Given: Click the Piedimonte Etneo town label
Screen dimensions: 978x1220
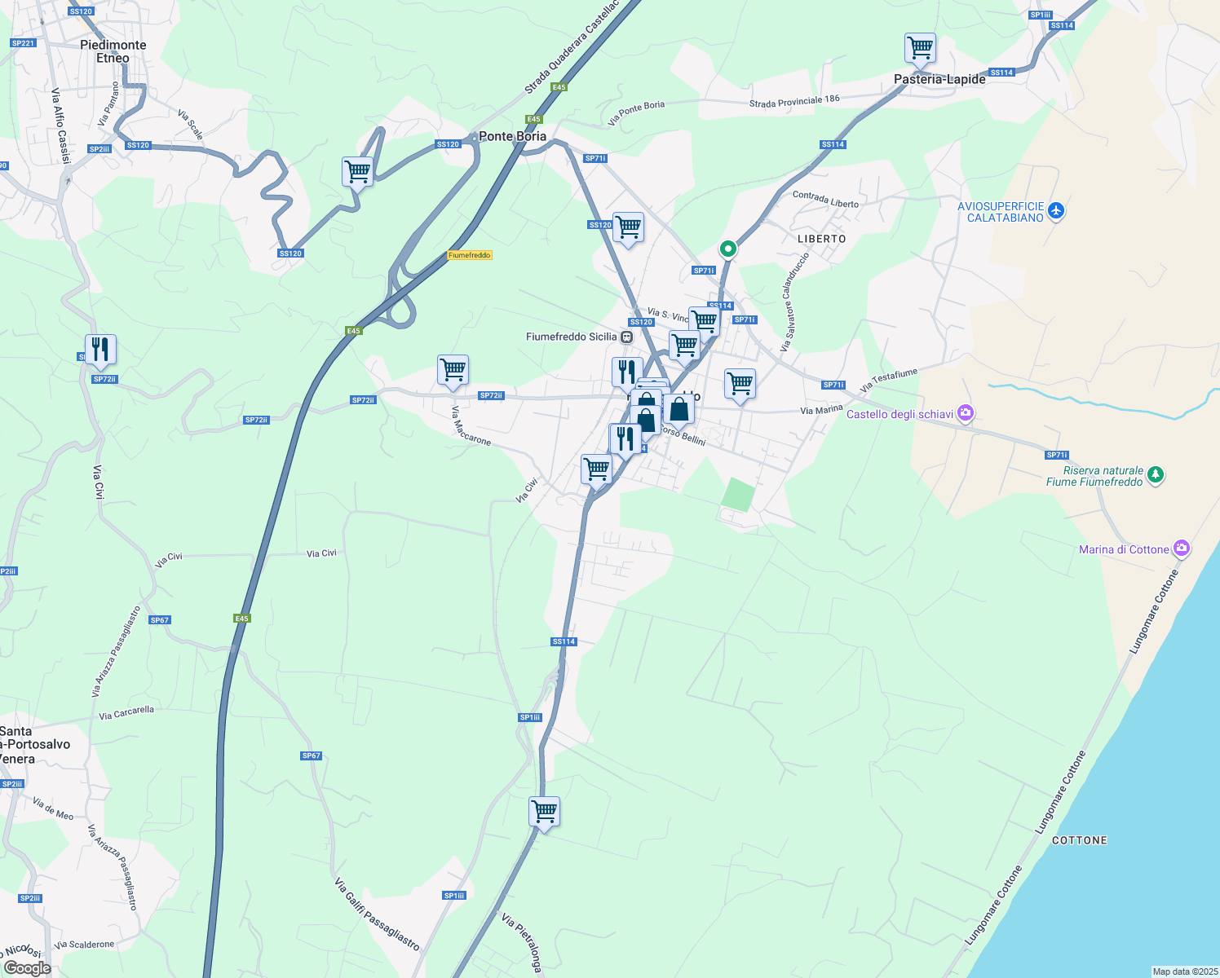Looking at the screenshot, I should pyautogui.click(x=113, y=51).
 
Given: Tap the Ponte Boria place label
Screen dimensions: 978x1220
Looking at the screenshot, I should pyautogui.click(x=512, y=136).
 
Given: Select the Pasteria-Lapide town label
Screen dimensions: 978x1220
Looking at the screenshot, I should pyautogui.click(x=939, y=79).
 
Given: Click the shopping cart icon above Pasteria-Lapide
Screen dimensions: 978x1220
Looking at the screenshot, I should pyautogui.click(x=920, y=47).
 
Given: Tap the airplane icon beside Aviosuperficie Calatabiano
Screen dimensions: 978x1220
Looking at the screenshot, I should pyautogui.click(x=1057, y=210).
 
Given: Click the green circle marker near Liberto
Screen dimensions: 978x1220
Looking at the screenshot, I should pyautogui.click(x=727, y=248).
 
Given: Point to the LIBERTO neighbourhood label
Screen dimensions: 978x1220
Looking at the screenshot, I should pyautogui.click(x=821, y=239).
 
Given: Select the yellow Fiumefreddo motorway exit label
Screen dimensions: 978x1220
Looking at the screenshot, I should pyautogui.click(x=470, y=255).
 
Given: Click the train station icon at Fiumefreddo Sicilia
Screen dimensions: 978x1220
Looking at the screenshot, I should pyautogui.click(x=626, y=337).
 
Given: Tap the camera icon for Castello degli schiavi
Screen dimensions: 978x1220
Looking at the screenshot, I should pyautogui.click(x=966, y=413).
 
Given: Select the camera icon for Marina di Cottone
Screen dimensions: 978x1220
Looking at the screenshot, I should pyautogui.click(x=1181, y=548).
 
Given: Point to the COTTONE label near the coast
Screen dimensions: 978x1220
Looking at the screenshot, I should pyautogui.click(x=1080, y=840).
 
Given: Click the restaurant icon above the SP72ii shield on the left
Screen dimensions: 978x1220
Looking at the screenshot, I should pyautogui.click(x=100, y=349).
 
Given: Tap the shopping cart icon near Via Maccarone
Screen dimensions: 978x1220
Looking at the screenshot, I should pyautogui.click(x=453, y=369).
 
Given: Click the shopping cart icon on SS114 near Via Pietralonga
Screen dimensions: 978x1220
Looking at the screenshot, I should pyautogui.click(x=544, y=811).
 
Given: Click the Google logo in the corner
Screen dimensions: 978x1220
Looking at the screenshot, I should pyautogui.click(x=27, y=967).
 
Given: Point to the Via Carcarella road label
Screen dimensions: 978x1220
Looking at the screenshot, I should pyautogui.click(x=126, y=714).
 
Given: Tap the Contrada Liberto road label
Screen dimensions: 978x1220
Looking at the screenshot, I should pyautogui.click(x=825, y=200).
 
